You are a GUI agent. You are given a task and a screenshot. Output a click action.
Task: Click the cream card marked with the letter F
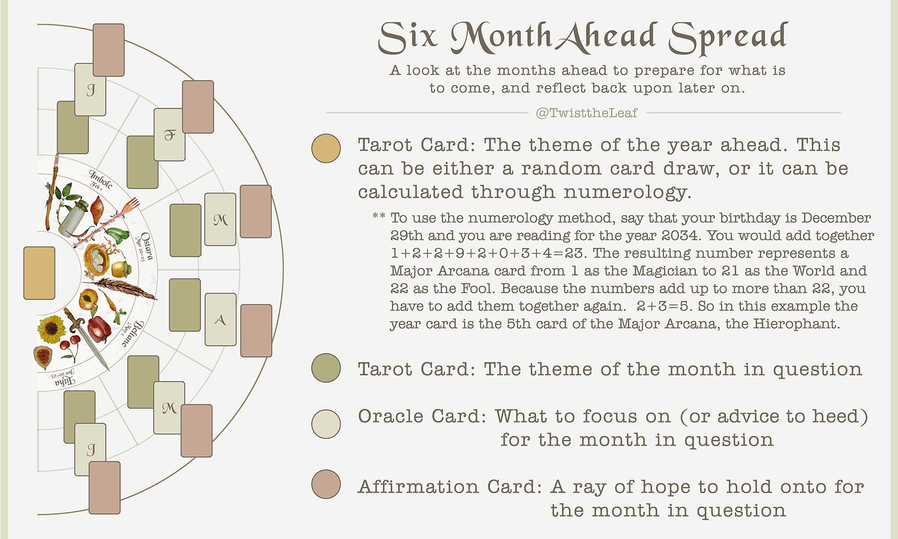(x=170, y=134)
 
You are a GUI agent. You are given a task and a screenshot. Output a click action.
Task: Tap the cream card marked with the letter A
(x=220, y=319)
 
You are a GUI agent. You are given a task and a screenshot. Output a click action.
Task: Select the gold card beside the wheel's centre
(x=39, y=273)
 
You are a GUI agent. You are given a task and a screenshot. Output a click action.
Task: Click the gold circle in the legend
(x=326, y=148)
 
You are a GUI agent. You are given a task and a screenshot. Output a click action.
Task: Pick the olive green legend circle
(x=326, y=368)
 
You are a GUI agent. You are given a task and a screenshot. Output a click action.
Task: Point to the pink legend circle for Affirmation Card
(x=326, y=484)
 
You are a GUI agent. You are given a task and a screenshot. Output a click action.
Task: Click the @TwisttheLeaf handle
(x=586, y=113)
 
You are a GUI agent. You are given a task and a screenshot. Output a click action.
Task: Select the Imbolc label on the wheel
(x=101, y=179)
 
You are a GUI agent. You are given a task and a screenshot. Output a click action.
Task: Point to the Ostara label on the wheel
(x=146, y=246)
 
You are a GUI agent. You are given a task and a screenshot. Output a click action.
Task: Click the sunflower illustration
(x=51, y=329)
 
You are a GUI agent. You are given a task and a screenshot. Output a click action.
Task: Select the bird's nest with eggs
(x=98, y=259)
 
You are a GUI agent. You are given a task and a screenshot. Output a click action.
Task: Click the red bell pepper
(x=100, y=328)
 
